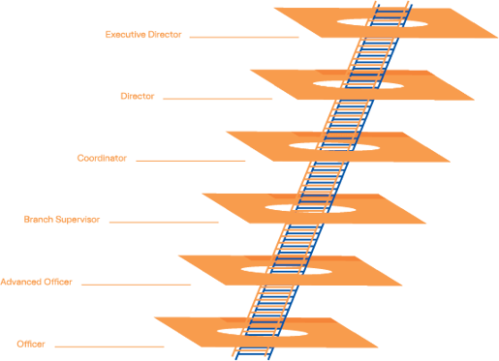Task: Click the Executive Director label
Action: click(143, 35)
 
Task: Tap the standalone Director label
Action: click(137, 97)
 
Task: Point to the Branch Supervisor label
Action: click(61, 220)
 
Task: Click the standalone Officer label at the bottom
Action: click(31, 344)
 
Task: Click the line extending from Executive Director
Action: click(244, 38)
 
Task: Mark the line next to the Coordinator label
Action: click(191, 161)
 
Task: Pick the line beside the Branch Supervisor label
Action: click(165, 223)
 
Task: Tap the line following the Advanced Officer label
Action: click(138, 285)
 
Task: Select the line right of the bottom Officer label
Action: click(116, 346)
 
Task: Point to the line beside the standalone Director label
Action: click(218, 99)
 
